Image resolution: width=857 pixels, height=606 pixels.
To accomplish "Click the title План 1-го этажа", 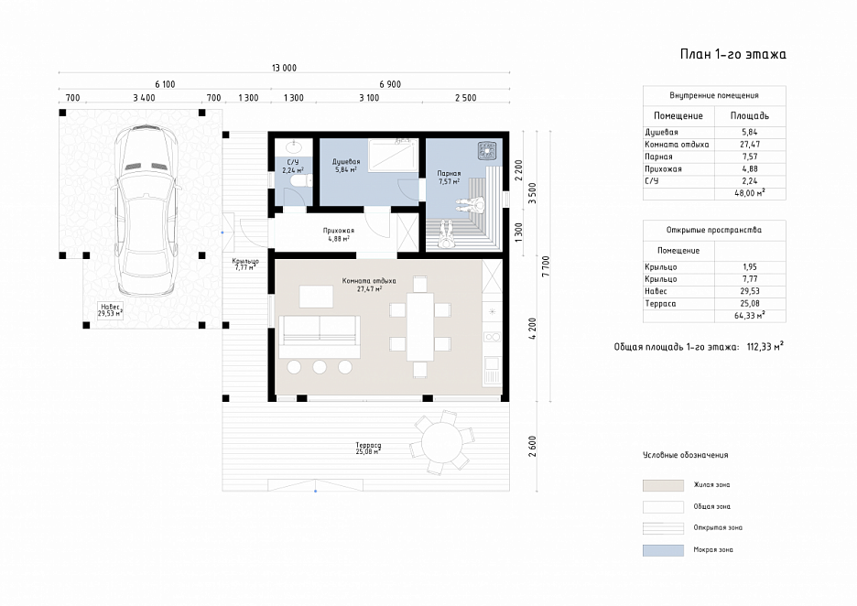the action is (732, 54).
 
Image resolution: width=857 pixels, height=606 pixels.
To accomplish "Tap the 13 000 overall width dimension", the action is (284, 68).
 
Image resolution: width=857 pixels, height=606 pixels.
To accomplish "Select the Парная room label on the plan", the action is (449, 173).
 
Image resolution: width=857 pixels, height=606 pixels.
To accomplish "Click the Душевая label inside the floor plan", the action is (346, 162).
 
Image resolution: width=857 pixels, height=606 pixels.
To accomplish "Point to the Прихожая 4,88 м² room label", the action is (339, 234).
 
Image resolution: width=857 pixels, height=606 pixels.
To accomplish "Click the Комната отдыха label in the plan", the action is (369, 281).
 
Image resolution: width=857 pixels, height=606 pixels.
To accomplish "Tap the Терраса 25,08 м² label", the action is (368, 449).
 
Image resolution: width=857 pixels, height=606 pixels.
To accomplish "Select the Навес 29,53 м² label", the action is (110, 310).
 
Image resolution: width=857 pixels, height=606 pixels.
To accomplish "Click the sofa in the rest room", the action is (320, 336).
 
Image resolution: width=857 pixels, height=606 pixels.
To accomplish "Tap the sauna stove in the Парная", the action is (487, 150).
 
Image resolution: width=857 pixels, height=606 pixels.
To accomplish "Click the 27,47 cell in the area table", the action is (750, 145).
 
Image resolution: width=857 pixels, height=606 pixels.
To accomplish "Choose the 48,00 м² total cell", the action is (750, 193).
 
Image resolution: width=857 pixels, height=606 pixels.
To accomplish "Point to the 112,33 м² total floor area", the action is (765, 346).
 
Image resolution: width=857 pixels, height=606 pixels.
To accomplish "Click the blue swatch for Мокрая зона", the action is (663, 550).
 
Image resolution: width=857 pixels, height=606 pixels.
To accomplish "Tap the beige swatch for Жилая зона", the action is (663, 485).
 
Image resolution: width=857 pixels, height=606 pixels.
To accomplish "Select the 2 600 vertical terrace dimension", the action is (533, 446).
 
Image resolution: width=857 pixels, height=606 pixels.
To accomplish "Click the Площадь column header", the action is (750, 116).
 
